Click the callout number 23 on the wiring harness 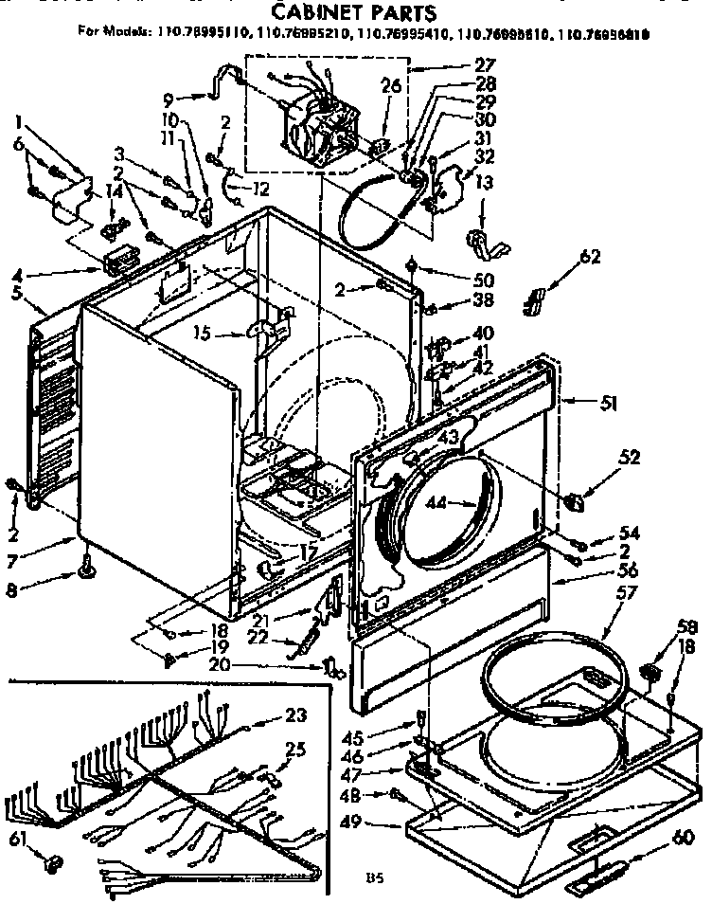point(295,715)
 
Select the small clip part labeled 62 point(537,300)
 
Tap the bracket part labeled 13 point(488,243)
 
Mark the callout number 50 point(457,280)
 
